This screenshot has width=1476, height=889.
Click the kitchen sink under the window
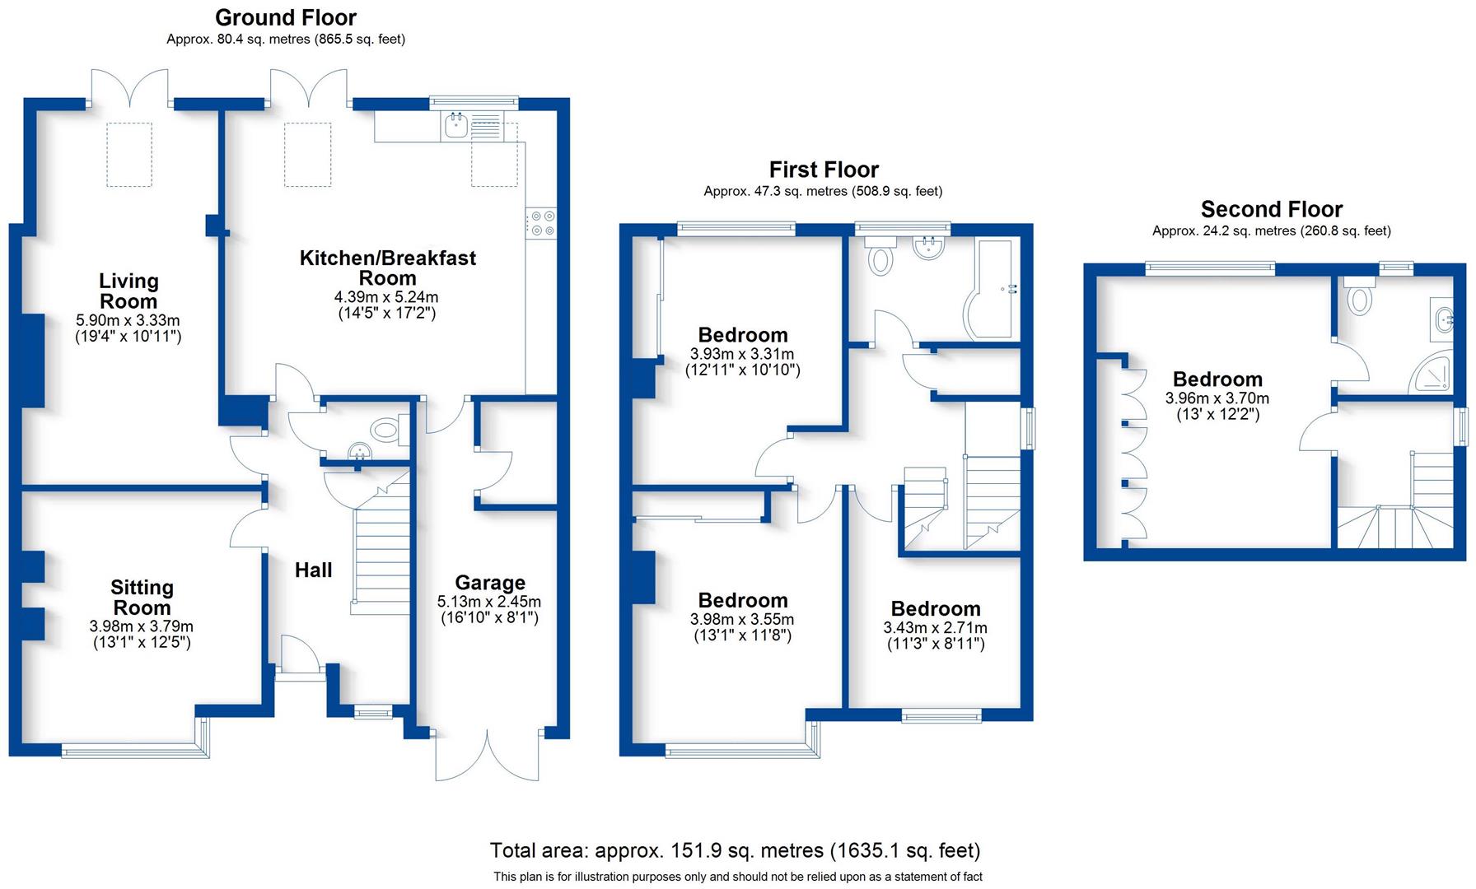[456, 126]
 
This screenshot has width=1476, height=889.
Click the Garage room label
[490, 583]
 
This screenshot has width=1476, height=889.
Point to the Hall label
[314, 570]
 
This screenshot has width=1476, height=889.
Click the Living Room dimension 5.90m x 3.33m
[128, 320]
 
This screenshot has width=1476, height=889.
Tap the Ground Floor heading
[286, 17]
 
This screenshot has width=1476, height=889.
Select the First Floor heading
[824, 170]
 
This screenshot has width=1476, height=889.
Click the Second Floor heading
[1272, 209]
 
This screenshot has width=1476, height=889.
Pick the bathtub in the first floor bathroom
[994, 289]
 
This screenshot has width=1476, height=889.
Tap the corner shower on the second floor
[1433, 371]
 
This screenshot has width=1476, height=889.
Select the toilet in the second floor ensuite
[1359, 296]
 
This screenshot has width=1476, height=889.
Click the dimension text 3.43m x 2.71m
[936, 628]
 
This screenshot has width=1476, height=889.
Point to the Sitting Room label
[142, 598]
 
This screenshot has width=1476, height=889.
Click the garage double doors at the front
[488, 753]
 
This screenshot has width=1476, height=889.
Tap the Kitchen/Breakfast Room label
[387, 268]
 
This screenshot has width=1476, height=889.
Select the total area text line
[735, 850]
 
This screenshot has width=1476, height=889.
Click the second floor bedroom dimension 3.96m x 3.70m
[1217, 398]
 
